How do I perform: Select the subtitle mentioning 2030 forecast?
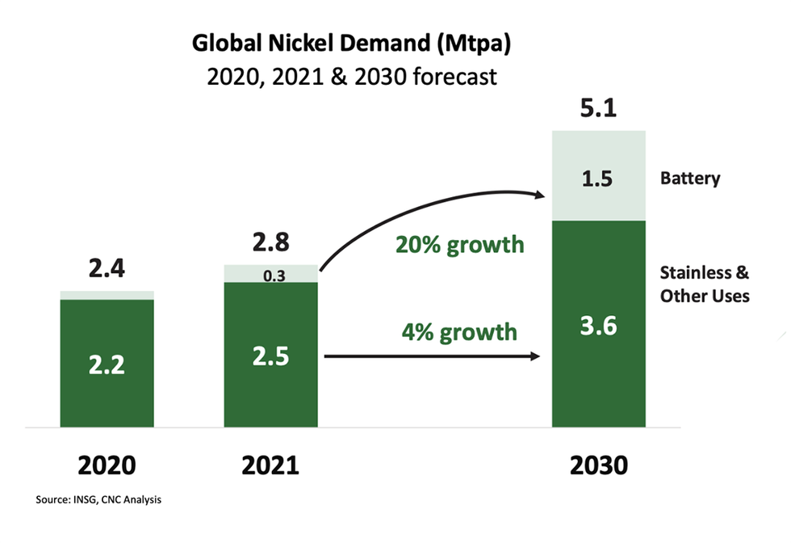(x=349, y=78)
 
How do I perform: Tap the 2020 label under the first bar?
(x=107, y=465)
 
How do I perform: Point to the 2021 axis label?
(x=271, y=465)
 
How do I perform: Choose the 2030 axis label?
(x=599, y=465)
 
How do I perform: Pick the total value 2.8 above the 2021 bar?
(x=271, y=243)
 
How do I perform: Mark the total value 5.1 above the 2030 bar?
(x=598, y=107)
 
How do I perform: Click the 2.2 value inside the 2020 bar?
(x=107, y=365)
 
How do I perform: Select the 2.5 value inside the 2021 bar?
(x=271, y=356)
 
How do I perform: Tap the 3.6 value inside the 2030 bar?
(x=599, y=326)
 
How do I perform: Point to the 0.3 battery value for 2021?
(x=271, y=276)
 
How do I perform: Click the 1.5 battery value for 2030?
(x=599, y=179)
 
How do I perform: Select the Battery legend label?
(x=689, y=179)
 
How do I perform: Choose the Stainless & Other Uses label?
(x=704, y=284)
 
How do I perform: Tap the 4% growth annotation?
(x=460, y=331)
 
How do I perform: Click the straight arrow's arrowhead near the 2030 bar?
(x=535, y=355)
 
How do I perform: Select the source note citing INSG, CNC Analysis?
(x=98, y=500)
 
